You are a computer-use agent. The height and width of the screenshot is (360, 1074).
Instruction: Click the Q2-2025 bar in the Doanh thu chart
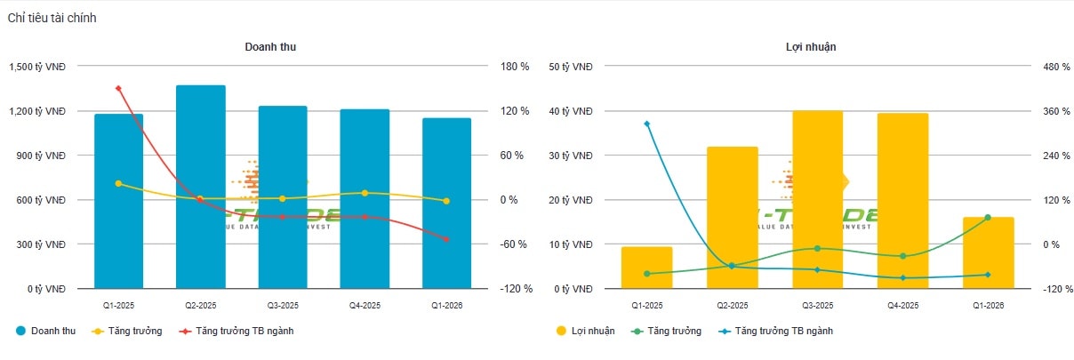tap(200, 187)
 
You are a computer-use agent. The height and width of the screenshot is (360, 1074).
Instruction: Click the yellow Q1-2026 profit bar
tap(988, 252)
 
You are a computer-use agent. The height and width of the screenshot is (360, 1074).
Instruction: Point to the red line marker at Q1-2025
tap(118, 88)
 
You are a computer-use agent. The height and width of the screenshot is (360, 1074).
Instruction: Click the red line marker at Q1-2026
tap(446, 239)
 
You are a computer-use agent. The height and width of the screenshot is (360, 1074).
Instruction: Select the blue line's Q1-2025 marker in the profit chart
tap(647, 124)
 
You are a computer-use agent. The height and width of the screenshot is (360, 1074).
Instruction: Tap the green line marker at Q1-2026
tap(988, 218)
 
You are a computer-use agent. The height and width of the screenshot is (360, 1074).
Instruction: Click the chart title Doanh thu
tap(270, 47)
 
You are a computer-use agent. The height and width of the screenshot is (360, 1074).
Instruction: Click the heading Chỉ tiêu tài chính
tap(52, 18)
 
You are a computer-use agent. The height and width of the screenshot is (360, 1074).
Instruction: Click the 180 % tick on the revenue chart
tap(514, 67)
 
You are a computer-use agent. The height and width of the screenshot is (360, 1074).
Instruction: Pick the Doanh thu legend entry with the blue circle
tap(46, 331)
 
